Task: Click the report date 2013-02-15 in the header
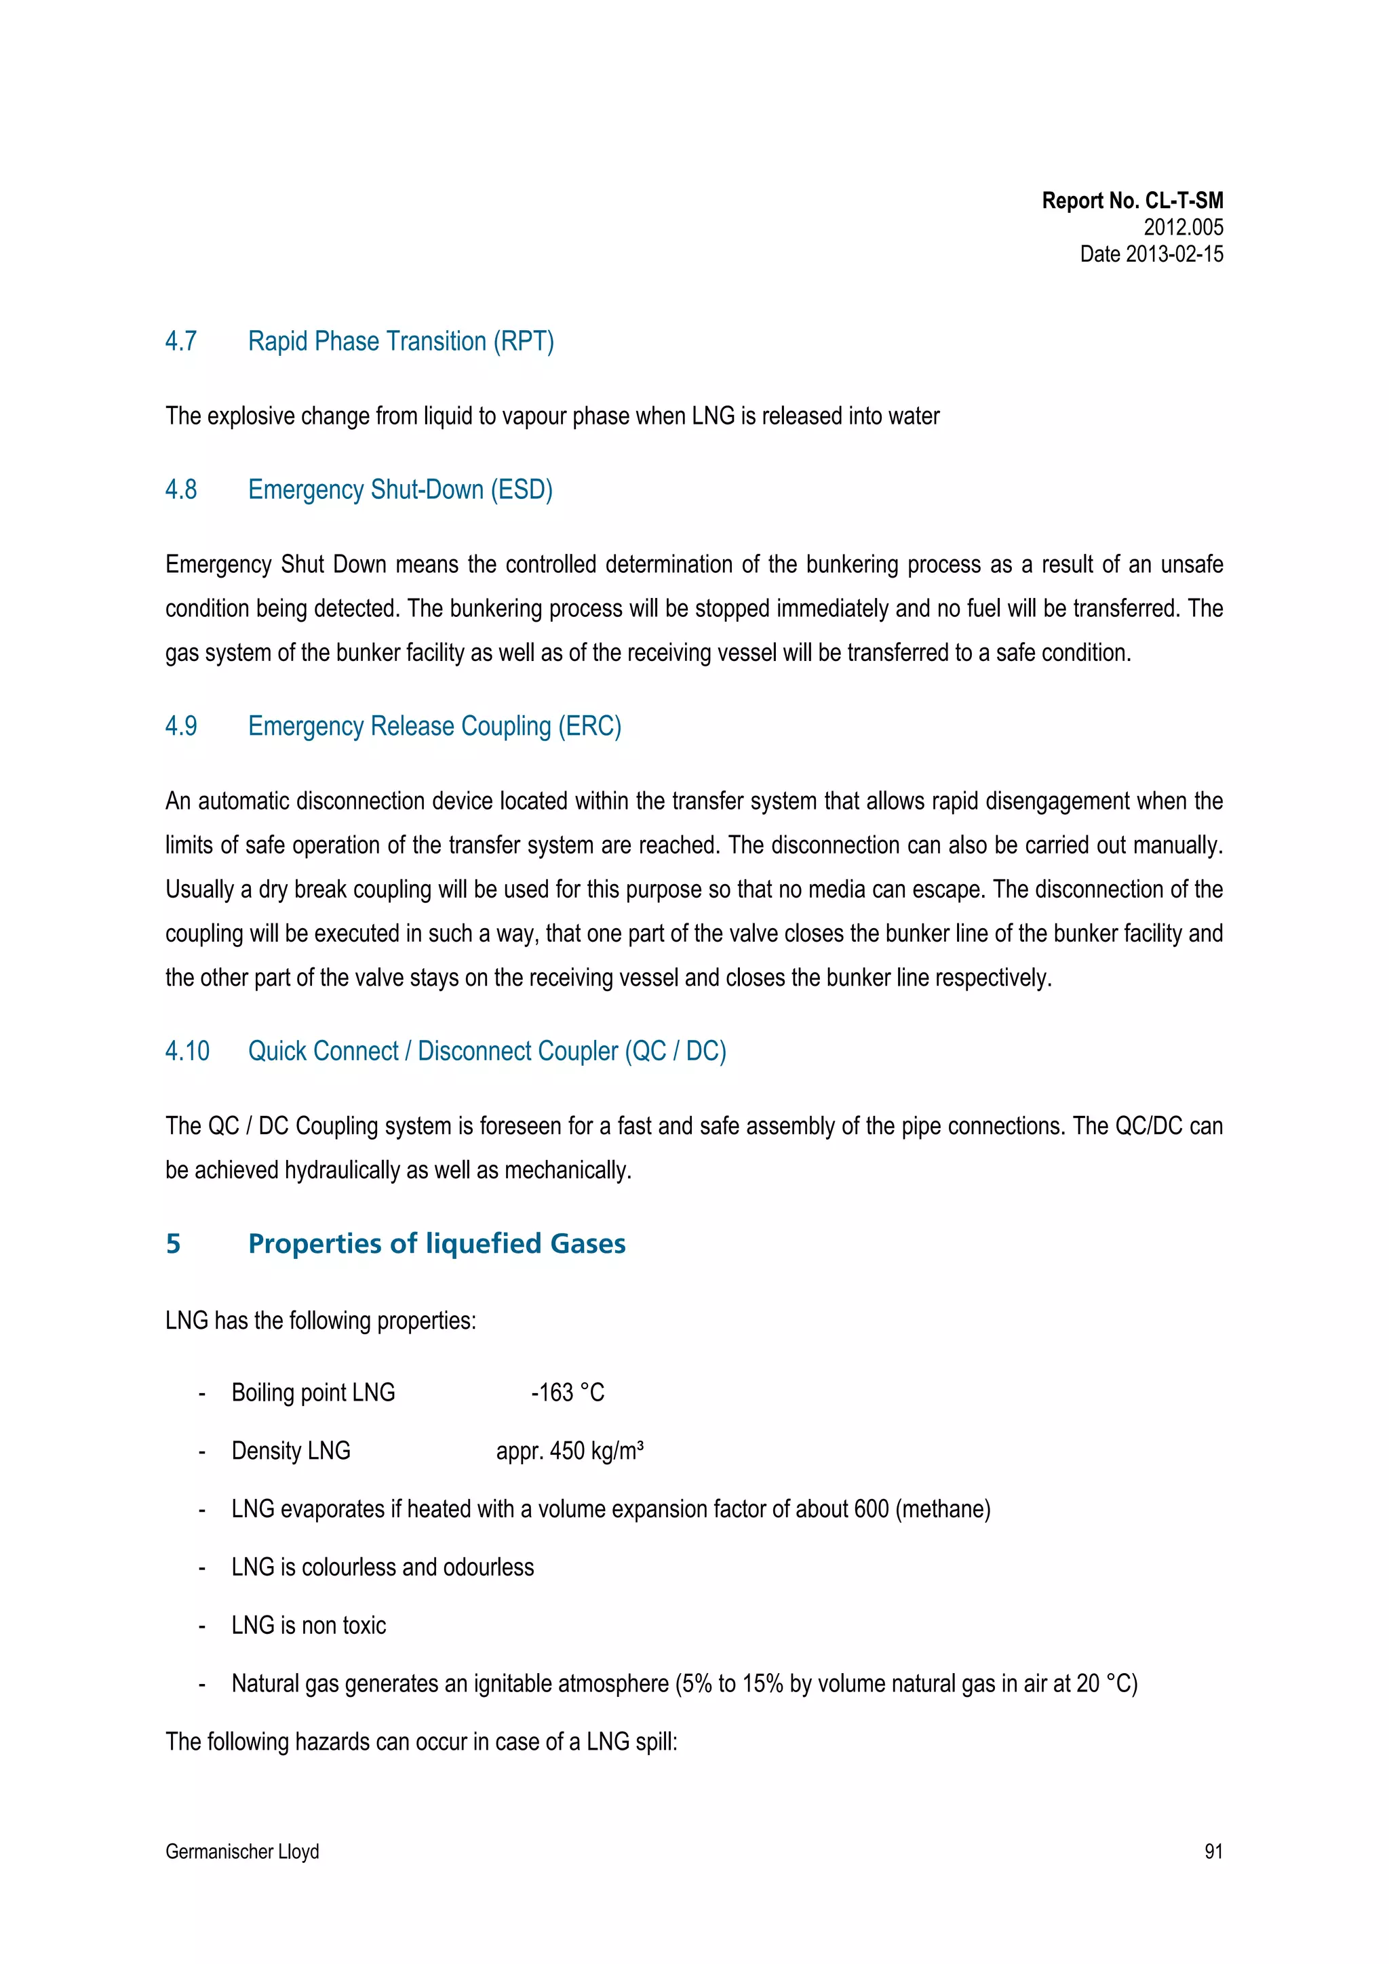tap(1173, 254)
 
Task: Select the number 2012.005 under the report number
tap(1183, 228)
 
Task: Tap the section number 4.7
tap(180, 341)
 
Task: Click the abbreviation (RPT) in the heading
tap(523, 341)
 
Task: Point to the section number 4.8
tap(180, 490)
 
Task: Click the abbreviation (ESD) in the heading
tap(521, 490)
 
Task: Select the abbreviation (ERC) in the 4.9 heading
tap(589, 726)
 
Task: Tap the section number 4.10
tap(187, 1051)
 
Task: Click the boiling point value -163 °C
tap(568, 1392)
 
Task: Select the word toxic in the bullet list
tap(364, 1625)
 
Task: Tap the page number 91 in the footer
tap(1213, 1852)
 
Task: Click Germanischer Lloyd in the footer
tap(242, 1852)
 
